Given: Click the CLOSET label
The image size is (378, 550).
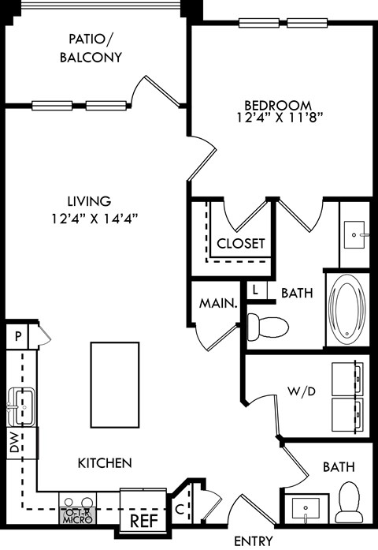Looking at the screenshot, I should click(x=241, y=243).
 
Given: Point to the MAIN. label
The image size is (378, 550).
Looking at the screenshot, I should click(x=218, y=302).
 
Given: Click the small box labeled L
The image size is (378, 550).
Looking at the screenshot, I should click(x=256, y=290).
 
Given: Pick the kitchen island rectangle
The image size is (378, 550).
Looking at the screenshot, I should click(x=115, y=382).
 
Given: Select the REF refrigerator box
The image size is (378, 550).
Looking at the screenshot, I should click(x=142, y=520).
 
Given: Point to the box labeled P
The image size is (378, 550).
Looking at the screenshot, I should click(x=17, y=336).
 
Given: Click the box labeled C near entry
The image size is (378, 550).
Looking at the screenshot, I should click(x=180, y=509).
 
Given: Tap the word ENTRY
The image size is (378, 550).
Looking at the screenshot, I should click(x=254, y=541).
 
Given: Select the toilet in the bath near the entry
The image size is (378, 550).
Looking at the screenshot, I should click(x=347, y=502).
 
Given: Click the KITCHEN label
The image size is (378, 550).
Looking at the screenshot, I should click(x=104, y=462).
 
